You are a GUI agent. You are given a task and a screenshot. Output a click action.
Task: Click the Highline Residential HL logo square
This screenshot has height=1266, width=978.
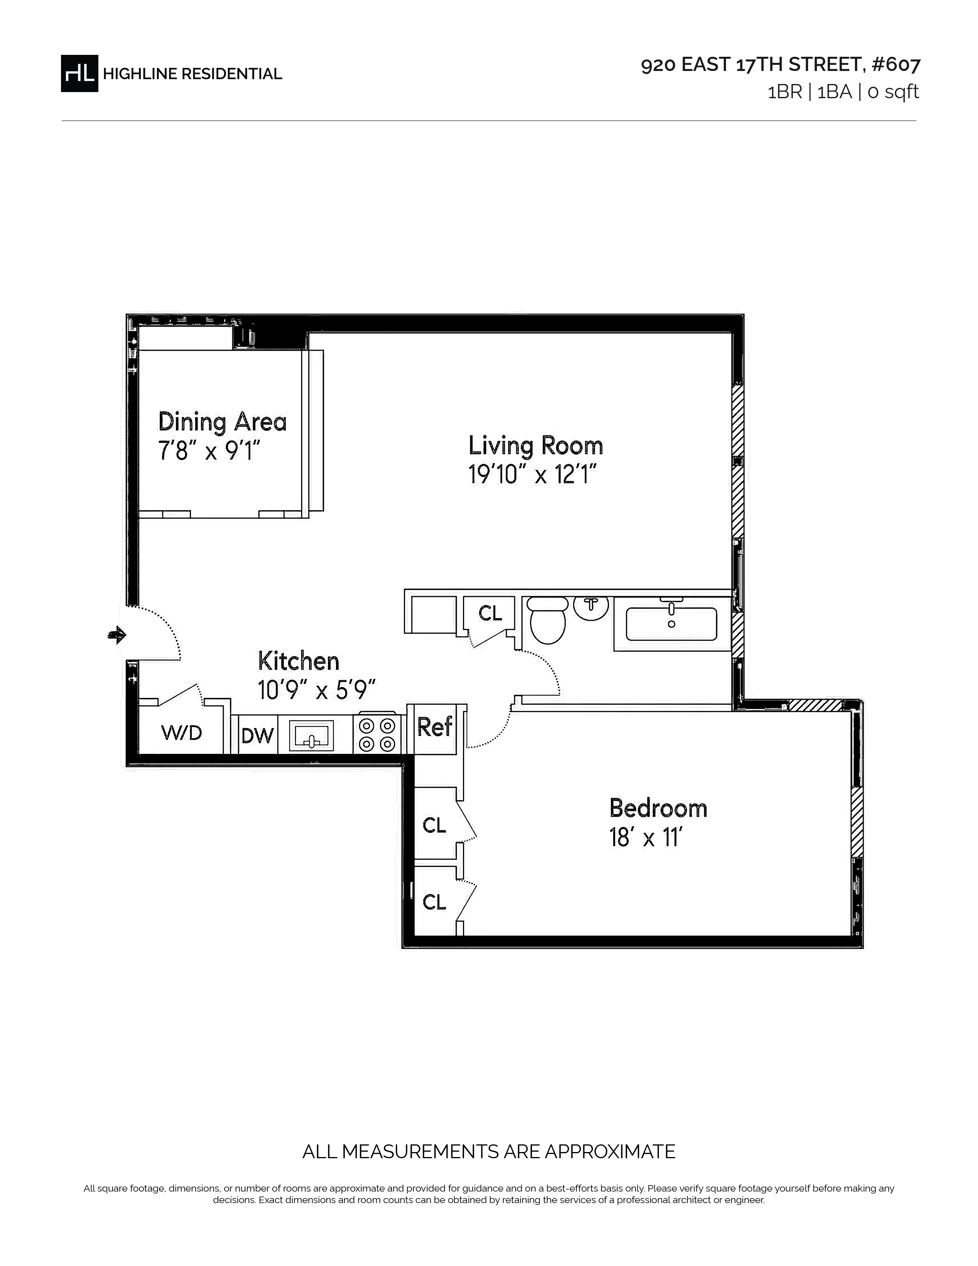point(79,73)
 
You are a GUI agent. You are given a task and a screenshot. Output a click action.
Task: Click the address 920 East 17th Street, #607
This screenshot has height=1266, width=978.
point(780,65)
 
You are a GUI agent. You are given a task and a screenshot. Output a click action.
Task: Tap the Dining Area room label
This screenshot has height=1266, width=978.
point(222,422)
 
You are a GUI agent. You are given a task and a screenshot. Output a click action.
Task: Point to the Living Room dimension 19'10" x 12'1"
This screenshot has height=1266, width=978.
point(532,475)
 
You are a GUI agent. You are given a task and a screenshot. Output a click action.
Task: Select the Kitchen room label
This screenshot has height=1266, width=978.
point(298,661)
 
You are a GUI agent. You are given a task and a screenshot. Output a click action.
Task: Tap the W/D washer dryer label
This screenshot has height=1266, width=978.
point(181,733)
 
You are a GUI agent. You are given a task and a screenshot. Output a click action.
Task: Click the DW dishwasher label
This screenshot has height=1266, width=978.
point(257,735)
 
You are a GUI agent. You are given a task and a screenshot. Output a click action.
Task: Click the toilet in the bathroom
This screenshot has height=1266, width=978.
point(548,620)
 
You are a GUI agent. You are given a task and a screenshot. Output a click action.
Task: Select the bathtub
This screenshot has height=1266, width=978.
point(672,624)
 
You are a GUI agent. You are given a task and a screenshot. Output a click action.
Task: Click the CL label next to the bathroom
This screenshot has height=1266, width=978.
point(490,613)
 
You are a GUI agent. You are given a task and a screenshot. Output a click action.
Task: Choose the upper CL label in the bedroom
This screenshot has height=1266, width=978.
point(435,826)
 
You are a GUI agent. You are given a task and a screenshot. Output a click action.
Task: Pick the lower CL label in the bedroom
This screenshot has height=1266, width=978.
point(435,902)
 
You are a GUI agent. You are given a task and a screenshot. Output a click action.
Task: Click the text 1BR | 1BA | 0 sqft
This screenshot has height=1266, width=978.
point(843,92)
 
